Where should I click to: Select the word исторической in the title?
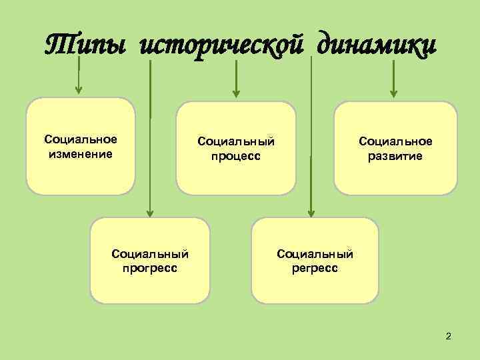pos(225,46)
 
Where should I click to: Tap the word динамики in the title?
pos(377,46)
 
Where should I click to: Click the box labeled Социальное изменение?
pos(81,146)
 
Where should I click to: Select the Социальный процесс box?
pos(235,148)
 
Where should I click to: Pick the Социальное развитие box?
pos(395,148)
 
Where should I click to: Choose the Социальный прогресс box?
pos(150,261)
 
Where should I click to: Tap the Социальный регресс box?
pos(315,261)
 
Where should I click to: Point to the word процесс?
pos(235,157)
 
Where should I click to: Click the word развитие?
pos(395,157)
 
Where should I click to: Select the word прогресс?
pos(150,269)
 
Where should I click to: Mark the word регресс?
pos(315,269)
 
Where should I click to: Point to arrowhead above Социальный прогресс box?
pos(150,213)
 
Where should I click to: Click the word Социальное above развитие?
pos(395,141)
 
